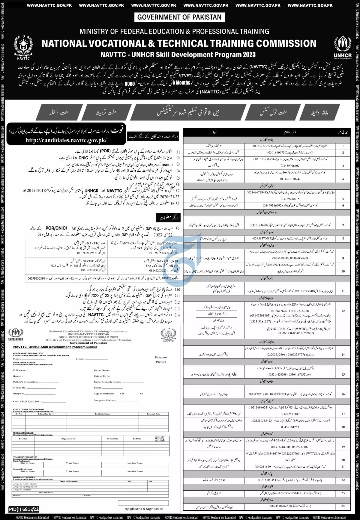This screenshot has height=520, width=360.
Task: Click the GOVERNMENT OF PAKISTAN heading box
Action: point(179,17)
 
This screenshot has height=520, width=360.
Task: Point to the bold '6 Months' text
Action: point(183,83)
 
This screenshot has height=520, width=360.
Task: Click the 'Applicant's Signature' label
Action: point(144,509)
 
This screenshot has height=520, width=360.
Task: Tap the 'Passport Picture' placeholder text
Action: point(161,359)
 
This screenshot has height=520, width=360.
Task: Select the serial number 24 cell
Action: point(343,506)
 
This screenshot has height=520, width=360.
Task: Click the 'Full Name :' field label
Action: point(19,370)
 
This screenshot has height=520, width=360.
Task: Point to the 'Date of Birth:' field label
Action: point(102,376)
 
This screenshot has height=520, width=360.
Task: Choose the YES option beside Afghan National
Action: point(122,394)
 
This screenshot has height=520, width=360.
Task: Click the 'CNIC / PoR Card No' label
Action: point(26,401)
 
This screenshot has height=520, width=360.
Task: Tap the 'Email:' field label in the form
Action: point(98,388)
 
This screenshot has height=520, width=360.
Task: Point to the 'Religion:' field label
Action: point(18,394)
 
